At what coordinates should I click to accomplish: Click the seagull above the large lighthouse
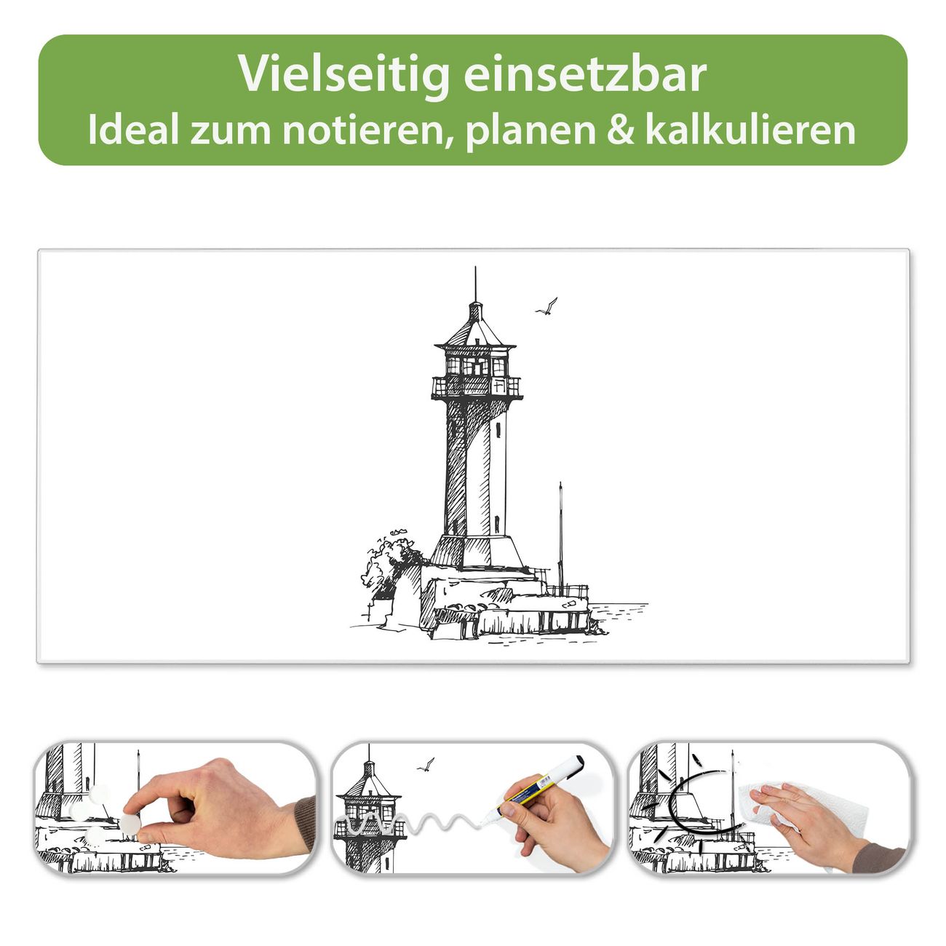[546, 306]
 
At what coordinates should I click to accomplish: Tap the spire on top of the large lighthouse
[474, 284]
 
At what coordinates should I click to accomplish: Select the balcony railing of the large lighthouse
[476, 387]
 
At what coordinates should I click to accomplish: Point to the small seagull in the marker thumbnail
[426, 765]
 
